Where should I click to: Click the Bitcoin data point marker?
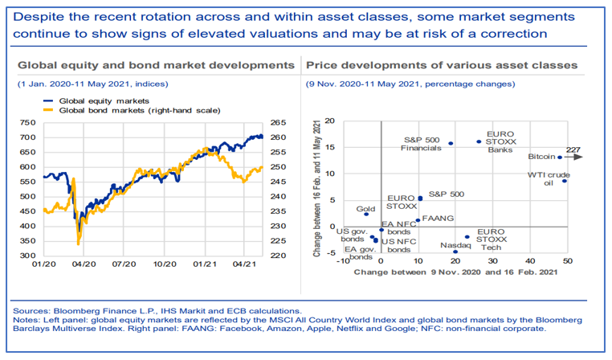coord(560,157)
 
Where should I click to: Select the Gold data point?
coord(366,214)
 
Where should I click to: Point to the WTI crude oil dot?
coord(565,181)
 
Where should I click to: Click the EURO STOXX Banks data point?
coord(479,141)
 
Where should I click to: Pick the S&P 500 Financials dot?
coord(451,144)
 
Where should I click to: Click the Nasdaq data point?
coord(455,252)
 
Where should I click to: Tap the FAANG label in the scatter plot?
coord(437,218)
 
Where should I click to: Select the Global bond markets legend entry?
coord(141,109)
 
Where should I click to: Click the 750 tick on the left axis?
coord(27,123)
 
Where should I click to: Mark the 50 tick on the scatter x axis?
coord(566,261)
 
